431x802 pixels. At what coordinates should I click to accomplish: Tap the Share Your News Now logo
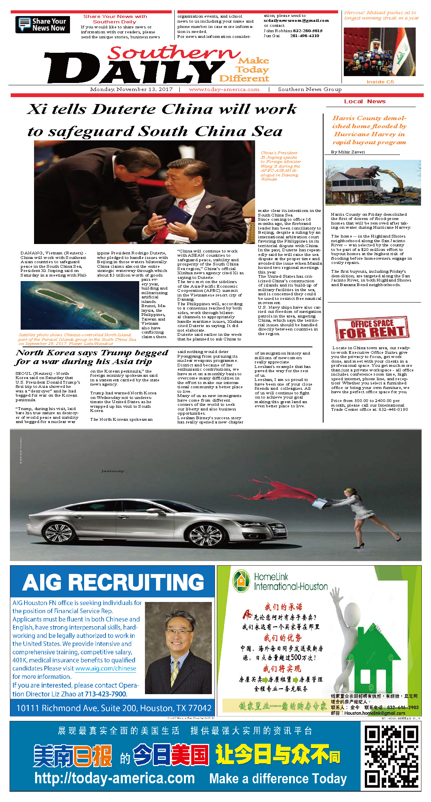tap(42, 24)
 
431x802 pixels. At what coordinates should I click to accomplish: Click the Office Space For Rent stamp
tap(371, 329)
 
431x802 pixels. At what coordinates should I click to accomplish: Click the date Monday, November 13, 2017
tap(131, 89)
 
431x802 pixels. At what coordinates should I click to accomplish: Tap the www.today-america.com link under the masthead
tap(224, 89)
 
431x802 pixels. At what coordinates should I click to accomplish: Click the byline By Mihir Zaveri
tap(348, 152)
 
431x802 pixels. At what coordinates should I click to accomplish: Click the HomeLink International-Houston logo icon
tap(241, 581)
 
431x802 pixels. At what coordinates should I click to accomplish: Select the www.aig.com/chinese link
tap(106, 669)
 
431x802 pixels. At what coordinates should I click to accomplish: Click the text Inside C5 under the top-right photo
tap(380, 82)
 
